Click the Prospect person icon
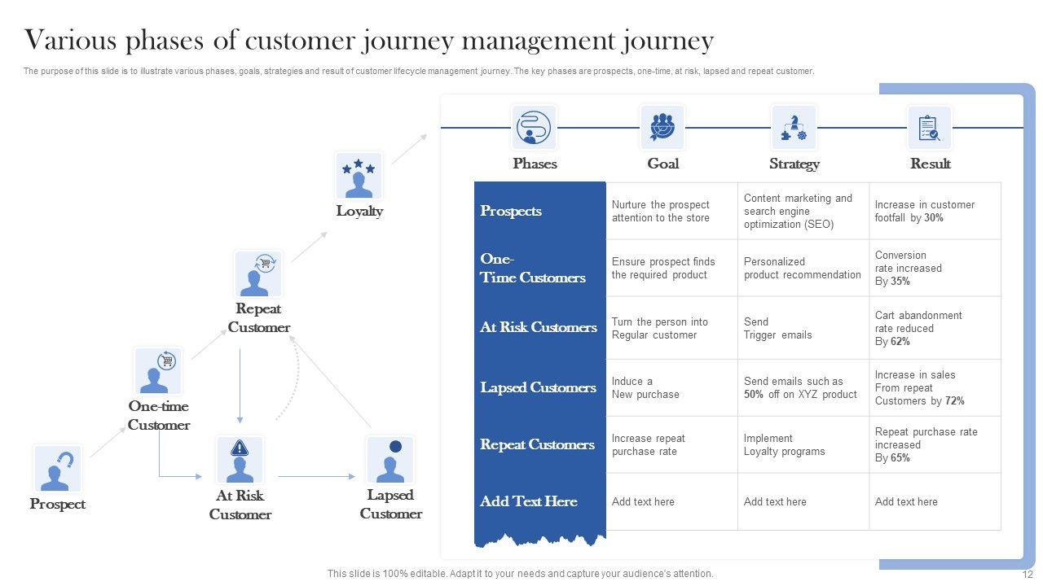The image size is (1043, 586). (x=57, y=469)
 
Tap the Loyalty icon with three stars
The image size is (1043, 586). (x=359, y=176)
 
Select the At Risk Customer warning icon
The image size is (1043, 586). (x=240, y=460)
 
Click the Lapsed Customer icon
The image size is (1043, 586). (x=390, y=460)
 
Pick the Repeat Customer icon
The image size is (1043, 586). (x=258, y=273)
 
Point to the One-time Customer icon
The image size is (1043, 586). (x=158, y=371)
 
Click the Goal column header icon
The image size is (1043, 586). (x=662, y=128)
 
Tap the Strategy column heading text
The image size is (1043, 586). (x=794, y=164)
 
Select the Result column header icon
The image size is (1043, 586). (x=929, y=128)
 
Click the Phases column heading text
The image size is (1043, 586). (x=535, y=164)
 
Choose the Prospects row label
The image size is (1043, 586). (x=511, y=211)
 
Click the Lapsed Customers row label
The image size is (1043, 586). (x=538, y=387)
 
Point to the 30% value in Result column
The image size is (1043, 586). (x=934, y=218)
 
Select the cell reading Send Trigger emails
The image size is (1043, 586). (x=777, y=328)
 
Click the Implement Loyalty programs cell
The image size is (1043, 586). (x=784, y=444)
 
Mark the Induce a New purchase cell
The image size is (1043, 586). (x=645, y=387)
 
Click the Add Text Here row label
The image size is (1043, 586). (x=528, y=501)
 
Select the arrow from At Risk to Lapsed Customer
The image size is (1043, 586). (x=316, y=476)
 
